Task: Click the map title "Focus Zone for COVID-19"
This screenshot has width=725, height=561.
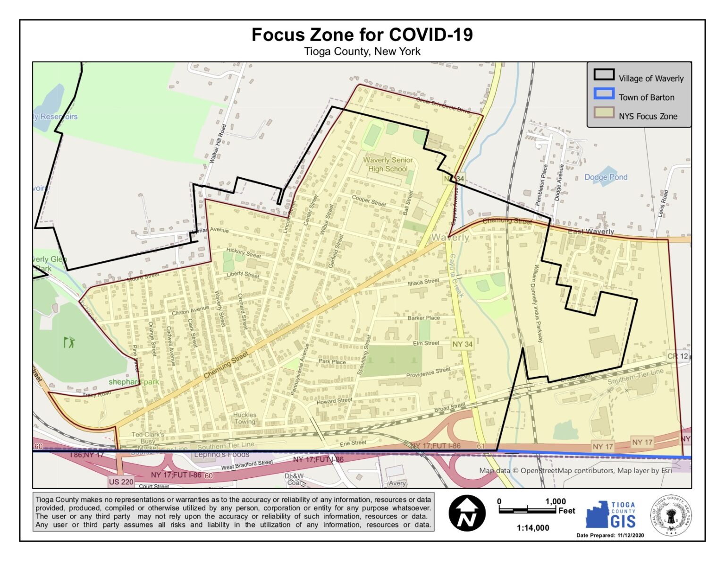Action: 362,35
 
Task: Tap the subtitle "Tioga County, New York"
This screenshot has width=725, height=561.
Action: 362,52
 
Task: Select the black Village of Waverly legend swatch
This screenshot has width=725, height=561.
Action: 604,75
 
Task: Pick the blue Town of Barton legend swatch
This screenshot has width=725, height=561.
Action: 604,94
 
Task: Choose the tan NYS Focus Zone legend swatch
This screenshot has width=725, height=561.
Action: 604,112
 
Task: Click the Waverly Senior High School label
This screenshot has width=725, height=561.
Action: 388,164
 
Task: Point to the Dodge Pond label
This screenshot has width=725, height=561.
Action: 606,177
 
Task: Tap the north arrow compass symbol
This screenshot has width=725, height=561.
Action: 467,513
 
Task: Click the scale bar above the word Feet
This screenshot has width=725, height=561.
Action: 528,510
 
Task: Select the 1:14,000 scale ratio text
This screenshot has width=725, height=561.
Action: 533,528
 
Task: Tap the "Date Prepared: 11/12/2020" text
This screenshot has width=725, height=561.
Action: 610,535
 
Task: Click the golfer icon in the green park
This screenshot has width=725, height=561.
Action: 69,342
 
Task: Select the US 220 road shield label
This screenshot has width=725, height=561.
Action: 121,482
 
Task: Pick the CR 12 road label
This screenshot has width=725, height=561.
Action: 677,356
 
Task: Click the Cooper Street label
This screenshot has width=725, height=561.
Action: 369,200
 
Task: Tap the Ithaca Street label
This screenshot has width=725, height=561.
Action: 423,282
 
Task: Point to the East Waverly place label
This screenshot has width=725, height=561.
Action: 590,232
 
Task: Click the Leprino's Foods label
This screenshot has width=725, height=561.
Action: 222,455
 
